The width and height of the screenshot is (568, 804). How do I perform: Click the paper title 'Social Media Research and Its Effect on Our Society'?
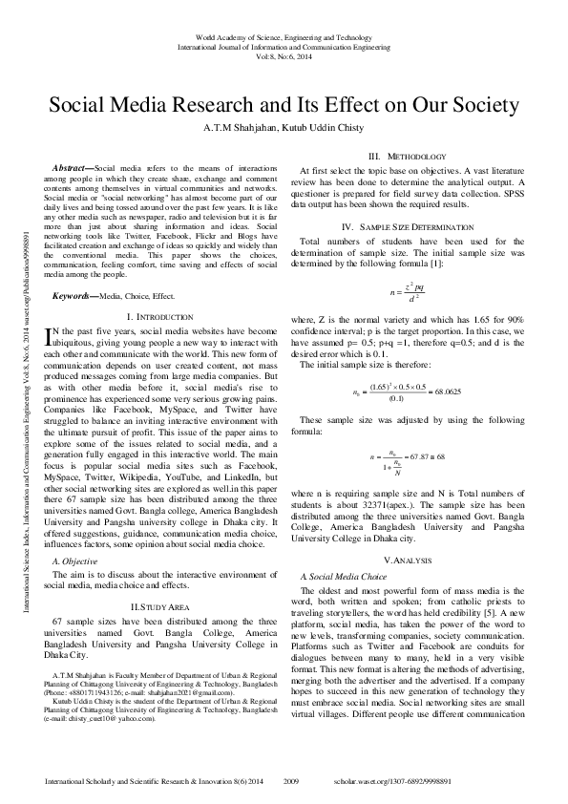pyautogui.click(x=284, y=104)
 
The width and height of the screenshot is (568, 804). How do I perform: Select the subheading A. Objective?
pyautogui.click(x=74, y=561)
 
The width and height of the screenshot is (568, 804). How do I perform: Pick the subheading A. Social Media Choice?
pyautogui.click(x=344, y=578)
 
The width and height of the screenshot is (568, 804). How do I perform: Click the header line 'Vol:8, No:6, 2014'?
pyautogui.click(x=284, y=56)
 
